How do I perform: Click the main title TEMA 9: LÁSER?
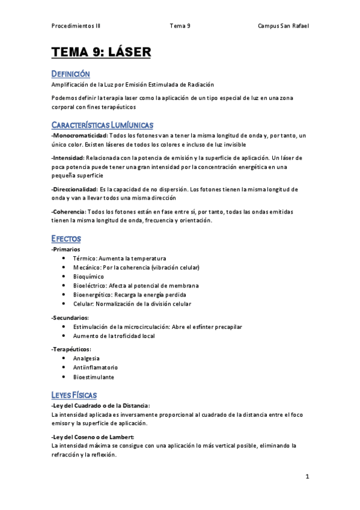[x=101, y=52]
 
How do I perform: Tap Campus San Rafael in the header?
[x=283, y=26]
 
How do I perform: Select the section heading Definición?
[x=71, y=74]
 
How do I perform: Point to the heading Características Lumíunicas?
[x=103, y=124]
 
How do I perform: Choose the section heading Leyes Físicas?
[x=75, y=395]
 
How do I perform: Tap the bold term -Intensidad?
[x=67, y=158]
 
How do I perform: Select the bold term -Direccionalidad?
[x=75, y=189]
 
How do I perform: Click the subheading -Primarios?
[x=66, y=248]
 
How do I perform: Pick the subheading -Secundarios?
[x=70, y=317]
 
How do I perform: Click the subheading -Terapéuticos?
[x=72, y=349]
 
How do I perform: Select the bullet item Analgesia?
[x=87, y=358]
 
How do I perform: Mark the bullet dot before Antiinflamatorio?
[x=64, y=367]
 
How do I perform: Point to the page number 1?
[x=307, y=477]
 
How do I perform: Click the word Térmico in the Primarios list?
[x=84, y=258]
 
